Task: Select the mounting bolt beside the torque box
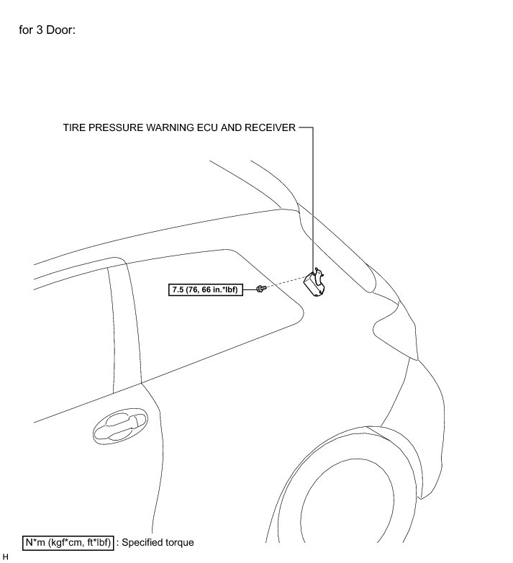pyautogui.click(x=260, y=289)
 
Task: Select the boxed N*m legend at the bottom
pyautogui.click(x=68, y=541)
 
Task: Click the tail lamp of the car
pyautogui.click(x=396, y=324)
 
